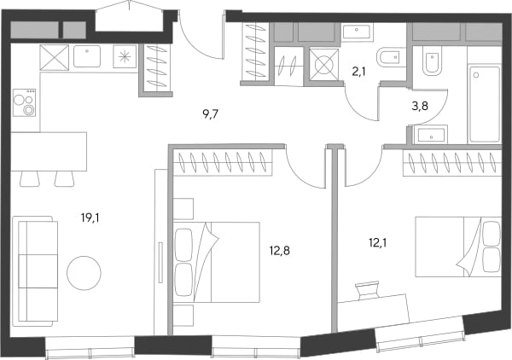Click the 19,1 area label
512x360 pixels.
90,218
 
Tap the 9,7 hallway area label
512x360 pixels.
210,114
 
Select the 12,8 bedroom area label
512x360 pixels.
280,251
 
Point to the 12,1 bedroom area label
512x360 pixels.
378,243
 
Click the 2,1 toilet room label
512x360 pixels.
358,72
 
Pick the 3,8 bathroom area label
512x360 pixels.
420,106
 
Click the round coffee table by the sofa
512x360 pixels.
84,273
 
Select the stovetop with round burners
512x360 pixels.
24,102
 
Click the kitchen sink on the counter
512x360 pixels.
87,56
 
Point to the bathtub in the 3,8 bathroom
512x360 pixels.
484,104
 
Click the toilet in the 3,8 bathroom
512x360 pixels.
432,60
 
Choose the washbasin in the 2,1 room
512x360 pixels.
357,32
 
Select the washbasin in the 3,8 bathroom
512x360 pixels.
431,136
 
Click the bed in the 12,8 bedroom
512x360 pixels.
216,262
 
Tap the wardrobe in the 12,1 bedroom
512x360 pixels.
452,163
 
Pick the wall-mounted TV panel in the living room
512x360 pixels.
160,262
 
